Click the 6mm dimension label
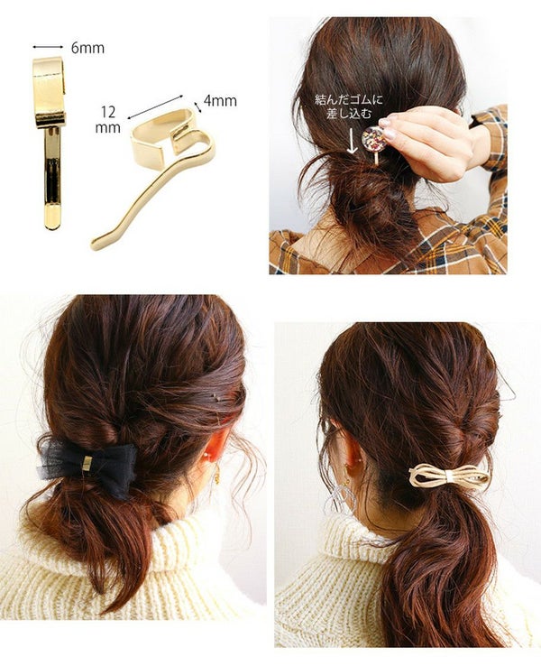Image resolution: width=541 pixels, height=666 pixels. tap(87, 48)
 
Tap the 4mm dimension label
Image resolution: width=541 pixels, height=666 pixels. tap(220, 101)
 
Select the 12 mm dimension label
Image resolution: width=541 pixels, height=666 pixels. tap(108, 119)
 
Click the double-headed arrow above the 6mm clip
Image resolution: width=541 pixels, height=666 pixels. tap(48, 46)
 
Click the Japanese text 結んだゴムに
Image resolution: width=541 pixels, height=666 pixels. tap(348, 100)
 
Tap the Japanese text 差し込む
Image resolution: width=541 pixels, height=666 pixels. tap(349, 114)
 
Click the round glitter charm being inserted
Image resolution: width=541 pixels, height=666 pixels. tap(374, 139)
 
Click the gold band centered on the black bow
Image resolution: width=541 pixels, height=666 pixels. tap(87, 463)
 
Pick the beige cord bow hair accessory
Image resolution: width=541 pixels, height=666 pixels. tap(449, 476)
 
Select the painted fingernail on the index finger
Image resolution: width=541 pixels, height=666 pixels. tap(385, 123)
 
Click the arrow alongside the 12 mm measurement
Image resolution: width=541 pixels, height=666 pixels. tap(155, 106)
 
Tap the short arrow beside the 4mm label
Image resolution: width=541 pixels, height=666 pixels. tap(197, 107)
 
